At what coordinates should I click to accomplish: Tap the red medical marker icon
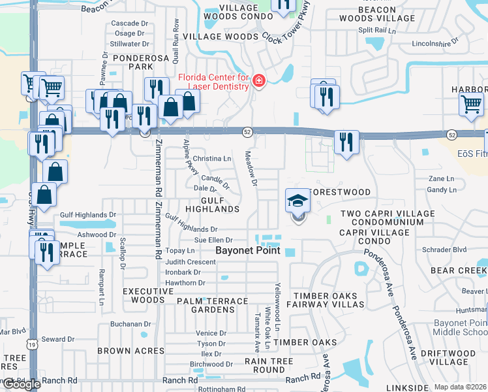259,80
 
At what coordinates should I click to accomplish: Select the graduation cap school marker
297,201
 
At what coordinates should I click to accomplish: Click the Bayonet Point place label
248,251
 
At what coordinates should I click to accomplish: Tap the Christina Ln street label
212,159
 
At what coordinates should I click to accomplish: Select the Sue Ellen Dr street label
213,240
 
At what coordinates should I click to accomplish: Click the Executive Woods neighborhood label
140,295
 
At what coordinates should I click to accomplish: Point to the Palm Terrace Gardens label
212,305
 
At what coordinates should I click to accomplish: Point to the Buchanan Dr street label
130,324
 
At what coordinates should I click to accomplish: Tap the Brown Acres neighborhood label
123,351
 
